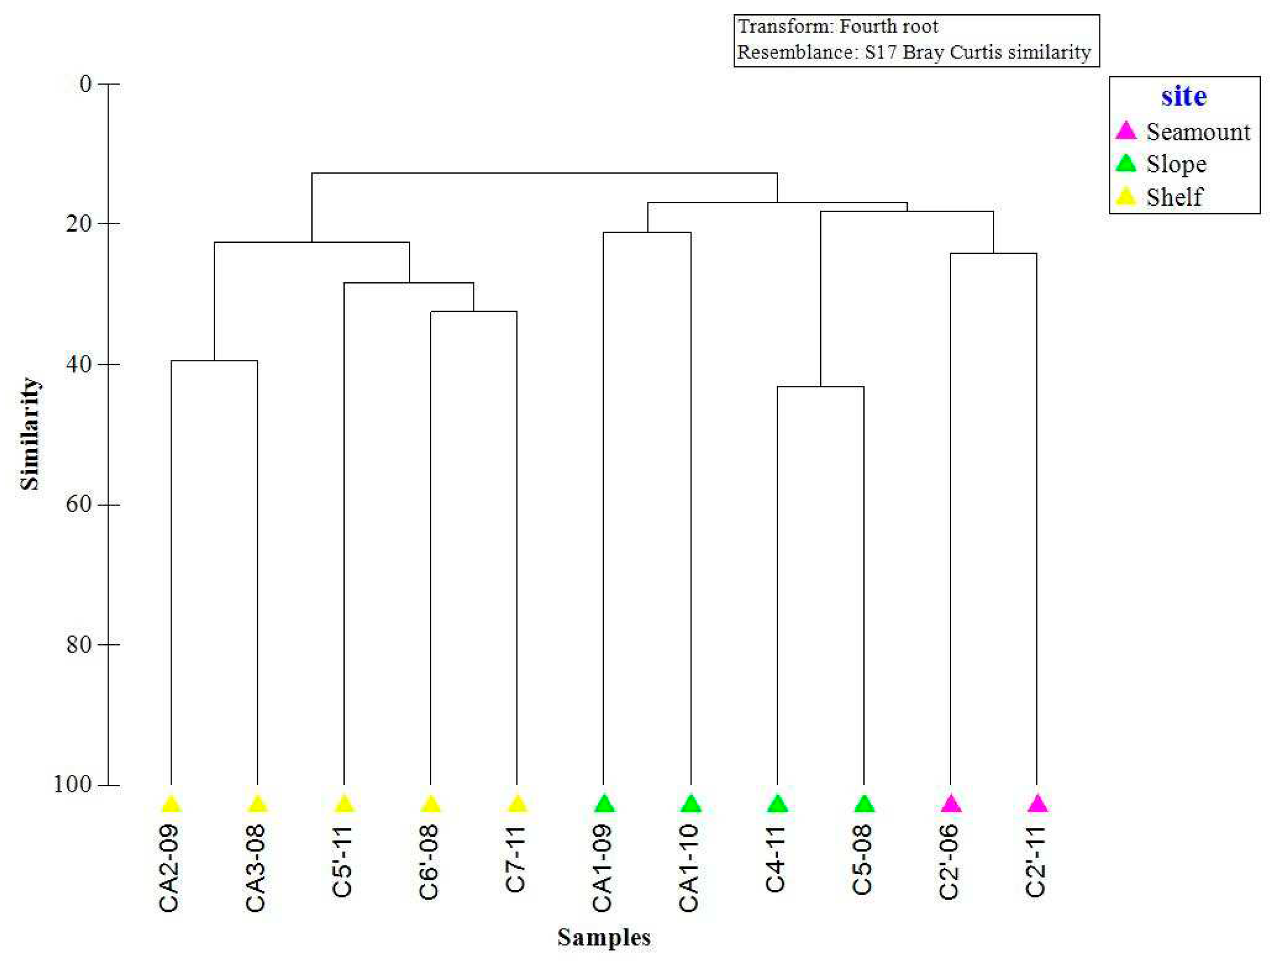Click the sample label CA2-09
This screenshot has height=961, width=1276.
coord(169,868)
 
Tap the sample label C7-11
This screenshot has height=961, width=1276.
coord(516,859)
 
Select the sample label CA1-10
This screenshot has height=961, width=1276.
coord(690,868)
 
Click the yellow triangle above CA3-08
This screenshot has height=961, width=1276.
coord(257,803)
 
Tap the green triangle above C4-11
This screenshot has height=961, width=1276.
coord(777,803)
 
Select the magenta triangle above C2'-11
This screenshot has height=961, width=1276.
coord(1037,803)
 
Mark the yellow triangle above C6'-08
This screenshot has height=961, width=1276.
coord(430,803)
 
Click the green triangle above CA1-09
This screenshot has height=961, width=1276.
coord(604,803)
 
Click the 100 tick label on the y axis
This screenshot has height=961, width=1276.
coord(73,784)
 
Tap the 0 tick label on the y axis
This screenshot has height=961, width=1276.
coord(86,84)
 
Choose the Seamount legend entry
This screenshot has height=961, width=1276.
coord(1197,132)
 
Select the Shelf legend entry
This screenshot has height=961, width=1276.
coord(1174,197)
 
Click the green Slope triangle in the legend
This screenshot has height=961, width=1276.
coord(1125,164)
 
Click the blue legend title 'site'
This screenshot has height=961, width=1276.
coord(1184,96)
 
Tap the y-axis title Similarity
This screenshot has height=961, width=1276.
coord(30,433)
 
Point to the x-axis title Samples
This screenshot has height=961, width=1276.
coord(603,937)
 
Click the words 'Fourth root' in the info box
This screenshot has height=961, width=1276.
coord(888,27)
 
